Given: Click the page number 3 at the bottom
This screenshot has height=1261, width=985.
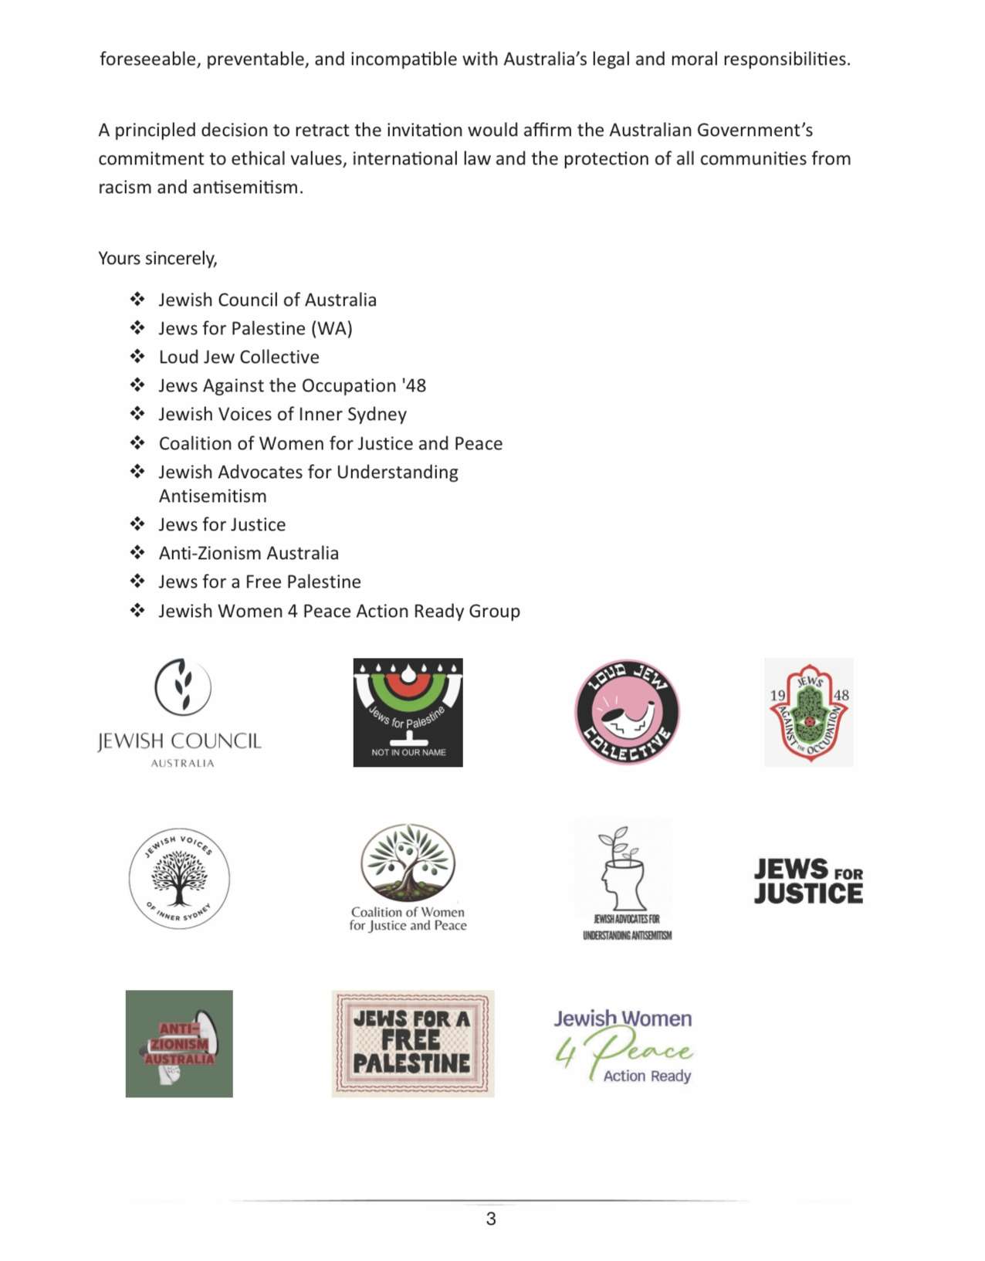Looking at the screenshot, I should (491, 1219).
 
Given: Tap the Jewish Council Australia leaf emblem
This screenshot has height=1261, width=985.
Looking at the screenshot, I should (182, 686).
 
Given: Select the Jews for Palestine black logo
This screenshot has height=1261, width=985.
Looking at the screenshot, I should (408, 712).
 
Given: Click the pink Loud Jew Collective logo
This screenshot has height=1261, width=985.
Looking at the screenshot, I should (627, 712).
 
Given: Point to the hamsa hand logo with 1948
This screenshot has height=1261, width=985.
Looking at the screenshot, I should (809, 712).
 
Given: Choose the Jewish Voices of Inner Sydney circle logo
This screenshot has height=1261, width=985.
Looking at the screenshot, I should (179, 878).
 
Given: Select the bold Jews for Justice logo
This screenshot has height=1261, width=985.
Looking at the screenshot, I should (808, 881).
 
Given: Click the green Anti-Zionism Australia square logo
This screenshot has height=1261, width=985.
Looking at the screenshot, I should (179, 1043).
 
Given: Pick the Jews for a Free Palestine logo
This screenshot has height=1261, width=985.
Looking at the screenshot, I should (413, 1043).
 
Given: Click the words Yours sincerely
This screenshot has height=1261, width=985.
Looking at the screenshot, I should (157, 258).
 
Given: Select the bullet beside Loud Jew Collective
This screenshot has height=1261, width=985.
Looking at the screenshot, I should (137, 356).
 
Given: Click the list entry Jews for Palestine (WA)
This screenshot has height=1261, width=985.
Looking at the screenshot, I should (256, 328).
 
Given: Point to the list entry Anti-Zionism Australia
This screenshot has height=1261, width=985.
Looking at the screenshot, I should (249, 553).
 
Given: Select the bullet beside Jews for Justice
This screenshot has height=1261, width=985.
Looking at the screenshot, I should (137, 524).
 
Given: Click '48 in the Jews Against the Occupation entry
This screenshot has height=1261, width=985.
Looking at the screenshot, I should (414, 385).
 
